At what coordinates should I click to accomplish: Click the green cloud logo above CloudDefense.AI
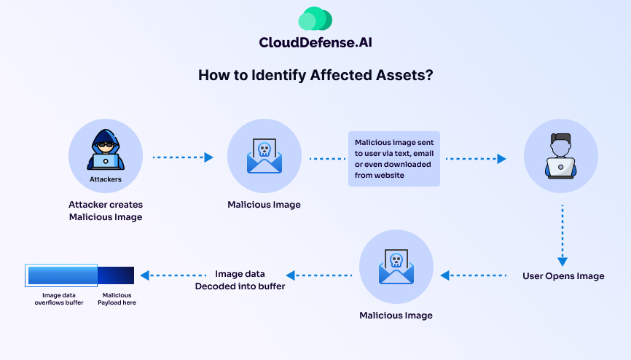(315, 20)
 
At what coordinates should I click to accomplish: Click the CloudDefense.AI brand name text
(315, 43)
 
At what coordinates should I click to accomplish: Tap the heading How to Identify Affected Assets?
(315, 76)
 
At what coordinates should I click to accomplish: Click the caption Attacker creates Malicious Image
(105, 211)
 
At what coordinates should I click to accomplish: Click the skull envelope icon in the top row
(264, 156)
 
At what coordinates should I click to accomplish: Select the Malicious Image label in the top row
(264, 205)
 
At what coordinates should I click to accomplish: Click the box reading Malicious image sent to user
(393, 159)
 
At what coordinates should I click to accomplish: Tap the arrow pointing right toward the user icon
(475, 157)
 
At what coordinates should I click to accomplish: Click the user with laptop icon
(560, 156)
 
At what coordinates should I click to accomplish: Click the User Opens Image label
(563, 276)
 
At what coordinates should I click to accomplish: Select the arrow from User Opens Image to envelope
(474, 275)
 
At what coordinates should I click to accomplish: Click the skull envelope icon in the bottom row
(396, 267)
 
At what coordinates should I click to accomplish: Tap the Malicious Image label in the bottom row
(396, 316)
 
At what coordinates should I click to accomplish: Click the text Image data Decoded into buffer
(240, 281)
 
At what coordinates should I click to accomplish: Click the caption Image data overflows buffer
(59, 299)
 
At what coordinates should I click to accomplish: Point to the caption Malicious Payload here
(117, 299)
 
